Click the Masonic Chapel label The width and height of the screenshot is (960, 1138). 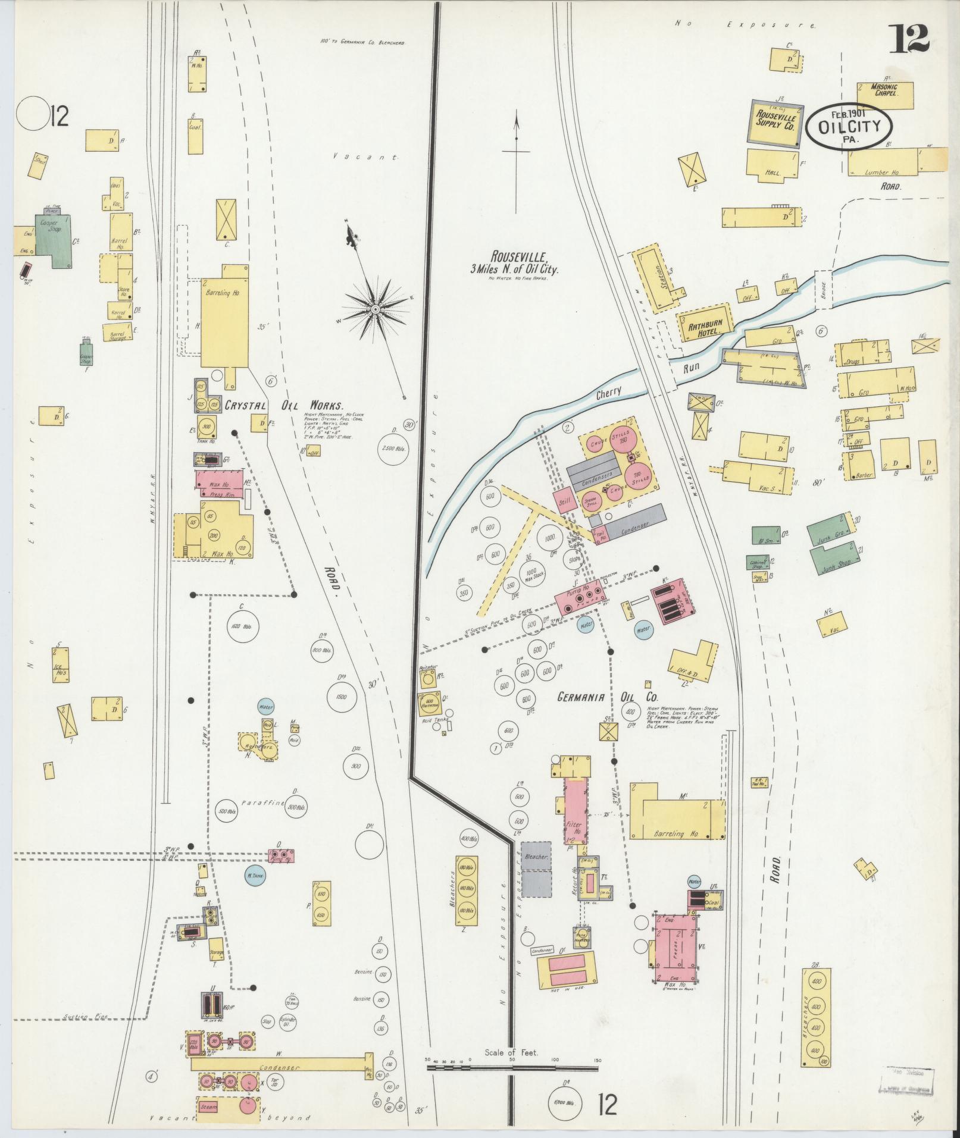(x=884, y=89)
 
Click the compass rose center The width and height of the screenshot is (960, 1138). (x=376, y=310)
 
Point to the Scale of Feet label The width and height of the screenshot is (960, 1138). (x=511, y=1052)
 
